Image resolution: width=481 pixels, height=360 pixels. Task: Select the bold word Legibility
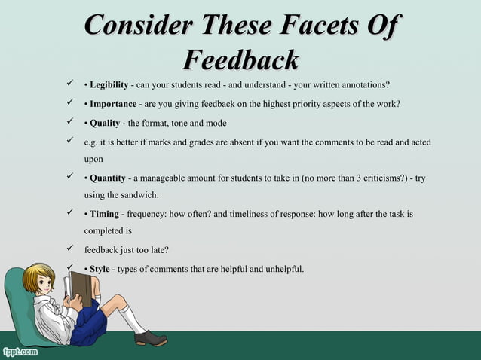coord(110,84)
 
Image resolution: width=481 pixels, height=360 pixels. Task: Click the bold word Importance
coord(114,103)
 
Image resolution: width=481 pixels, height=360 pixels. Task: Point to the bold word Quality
coord(105,123)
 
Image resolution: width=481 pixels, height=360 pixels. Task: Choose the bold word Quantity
coord(108,178)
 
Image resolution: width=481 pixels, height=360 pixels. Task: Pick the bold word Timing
coord(105,215)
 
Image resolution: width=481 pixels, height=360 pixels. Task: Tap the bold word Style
coord(100,269)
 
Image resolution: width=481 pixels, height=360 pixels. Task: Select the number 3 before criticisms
coord(342,178)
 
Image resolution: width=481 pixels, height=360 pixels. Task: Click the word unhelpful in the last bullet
coord(280,269)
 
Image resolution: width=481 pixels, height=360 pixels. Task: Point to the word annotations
coord(364,84)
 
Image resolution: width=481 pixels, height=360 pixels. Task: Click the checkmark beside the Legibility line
coord(69,84)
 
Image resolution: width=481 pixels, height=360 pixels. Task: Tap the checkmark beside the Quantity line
coord(69,178)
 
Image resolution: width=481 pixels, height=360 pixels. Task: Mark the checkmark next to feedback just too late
coord(69,249)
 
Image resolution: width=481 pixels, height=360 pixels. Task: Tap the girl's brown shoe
coord(151,338)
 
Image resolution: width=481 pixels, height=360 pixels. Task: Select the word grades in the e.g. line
coord(191,142)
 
